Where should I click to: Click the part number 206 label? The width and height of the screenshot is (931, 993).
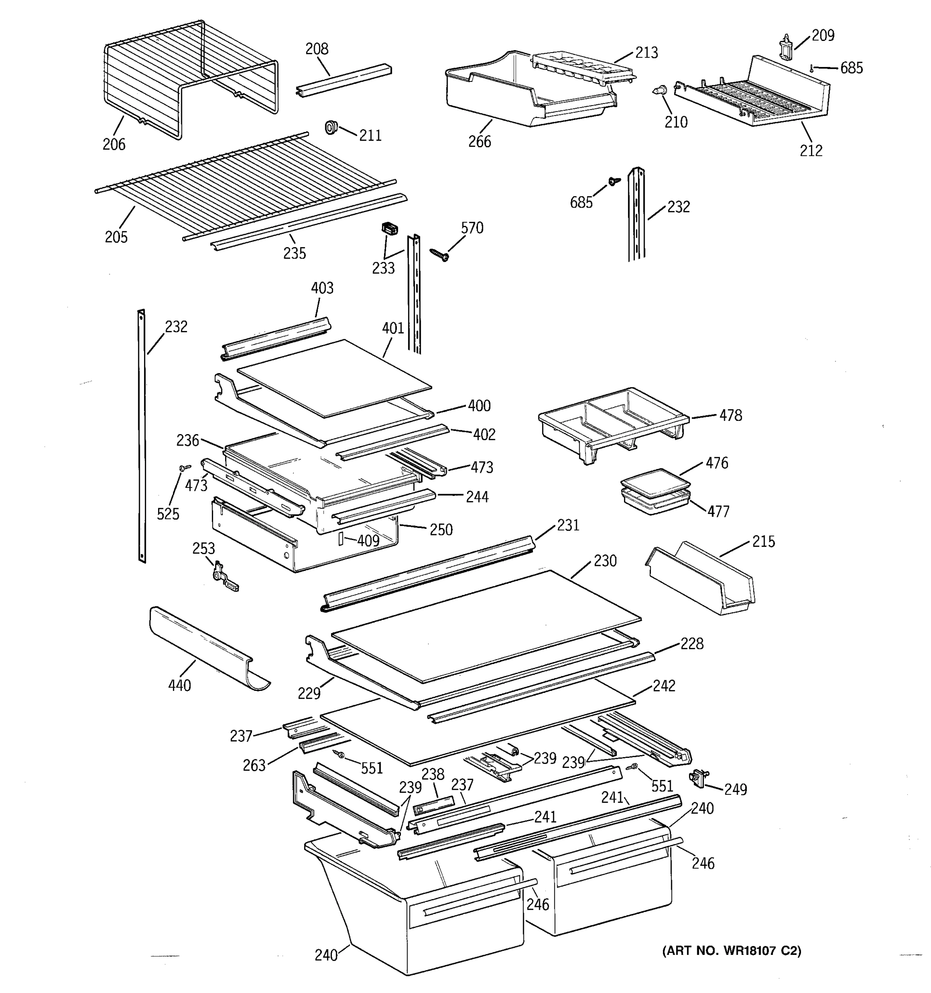click(114, 144)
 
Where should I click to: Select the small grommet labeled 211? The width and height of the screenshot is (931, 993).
click(331, 127)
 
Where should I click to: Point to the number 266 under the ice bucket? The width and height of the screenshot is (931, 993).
click(480, 142)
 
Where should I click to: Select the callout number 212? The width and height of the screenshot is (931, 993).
click(811, 150)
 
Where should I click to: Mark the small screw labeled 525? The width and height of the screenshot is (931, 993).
click(185, 468)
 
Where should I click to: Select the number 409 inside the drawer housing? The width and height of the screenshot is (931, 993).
click(368, 541)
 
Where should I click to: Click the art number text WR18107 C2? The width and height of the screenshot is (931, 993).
click(731, 950)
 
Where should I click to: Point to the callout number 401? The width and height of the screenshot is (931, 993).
click(393, 328)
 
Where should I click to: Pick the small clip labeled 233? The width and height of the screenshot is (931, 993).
click(390, 229)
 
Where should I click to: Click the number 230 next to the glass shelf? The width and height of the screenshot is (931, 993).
click(605, 561)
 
